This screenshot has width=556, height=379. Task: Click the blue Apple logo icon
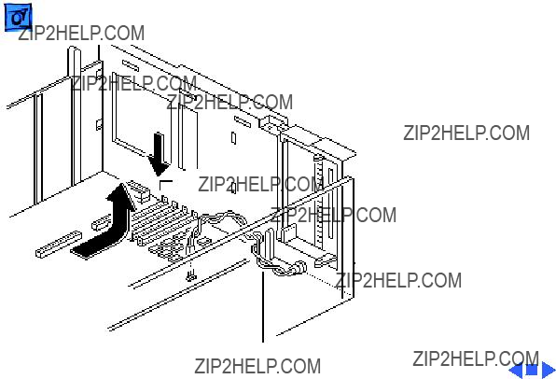point(18,17)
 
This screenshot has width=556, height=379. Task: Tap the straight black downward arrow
point(159,154)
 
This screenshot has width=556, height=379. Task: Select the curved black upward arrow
point(106,223)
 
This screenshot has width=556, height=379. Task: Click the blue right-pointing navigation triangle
point(549,370)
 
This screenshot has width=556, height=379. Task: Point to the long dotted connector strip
point(59,244)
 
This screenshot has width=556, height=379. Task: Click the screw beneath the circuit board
point(191,274)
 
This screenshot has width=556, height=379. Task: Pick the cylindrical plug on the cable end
point(299,267)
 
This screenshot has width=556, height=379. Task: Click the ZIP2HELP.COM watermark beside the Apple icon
point(81,33)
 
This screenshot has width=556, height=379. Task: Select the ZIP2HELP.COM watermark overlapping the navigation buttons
point(476,358)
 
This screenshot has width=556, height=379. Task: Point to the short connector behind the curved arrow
point(101,223)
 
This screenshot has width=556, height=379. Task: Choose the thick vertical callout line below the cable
point(263,306)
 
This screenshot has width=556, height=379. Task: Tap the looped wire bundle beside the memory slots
point(220,222)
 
